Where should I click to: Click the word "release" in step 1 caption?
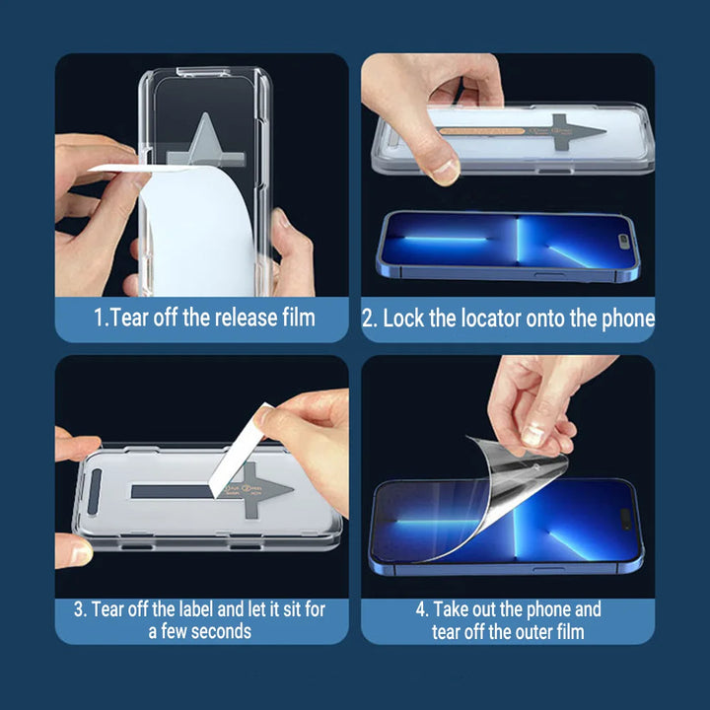tap(239, 318)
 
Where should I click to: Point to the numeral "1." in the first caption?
tap(101, 318)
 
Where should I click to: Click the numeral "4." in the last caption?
tap(421, 609)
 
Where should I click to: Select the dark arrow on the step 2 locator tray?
tap(572, 130)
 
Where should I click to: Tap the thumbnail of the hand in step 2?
tap(446, 172)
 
